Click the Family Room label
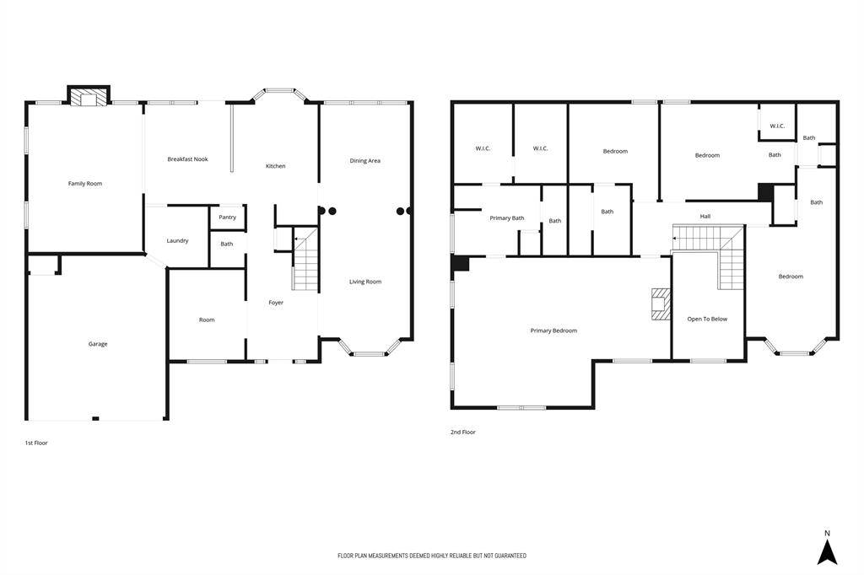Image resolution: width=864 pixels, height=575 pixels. (x=85, y=184)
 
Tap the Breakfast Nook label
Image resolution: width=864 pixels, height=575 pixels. (x=188, y=159)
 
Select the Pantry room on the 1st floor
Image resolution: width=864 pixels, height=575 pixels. (x=228, y=217)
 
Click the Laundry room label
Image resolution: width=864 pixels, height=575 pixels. (x=177, y=240)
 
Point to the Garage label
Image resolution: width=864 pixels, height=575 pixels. (x=98, y=344)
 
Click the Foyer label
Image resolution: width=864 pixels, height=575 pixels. (x=276, y=303)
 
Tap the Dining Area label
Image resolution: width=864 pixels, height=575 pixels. (x=364, y=161)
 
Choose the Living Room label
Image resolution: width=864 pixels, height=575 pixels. (x=365, y=282)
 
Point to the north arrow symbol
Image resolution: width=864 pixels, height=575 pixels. (x=827, y=552)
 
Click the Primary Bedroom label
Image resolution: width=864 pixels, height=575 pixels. (x=553, y=330)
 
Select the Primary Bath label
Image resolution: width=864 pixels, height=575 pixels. (x=507, y=218)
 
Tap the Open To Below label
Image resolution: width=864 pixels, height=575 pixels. (x=707, y=319)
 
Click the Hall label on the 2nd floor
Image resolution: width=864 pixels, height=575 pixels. (x=705, y=217)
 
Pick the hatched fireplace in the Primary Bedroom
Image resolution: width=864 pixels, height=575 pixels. (x=661, y=304)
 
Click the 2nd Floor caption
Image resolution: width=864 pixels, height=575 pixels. (x=463, y=433)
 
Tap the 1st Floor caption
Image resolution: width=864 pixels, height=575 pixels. (x=36, y=443)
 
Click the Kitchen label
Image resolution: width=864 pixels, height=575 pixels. (x=276, y=166)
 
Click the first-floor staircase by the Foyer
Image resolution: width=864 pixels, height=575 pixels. (x=305, y=258)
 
